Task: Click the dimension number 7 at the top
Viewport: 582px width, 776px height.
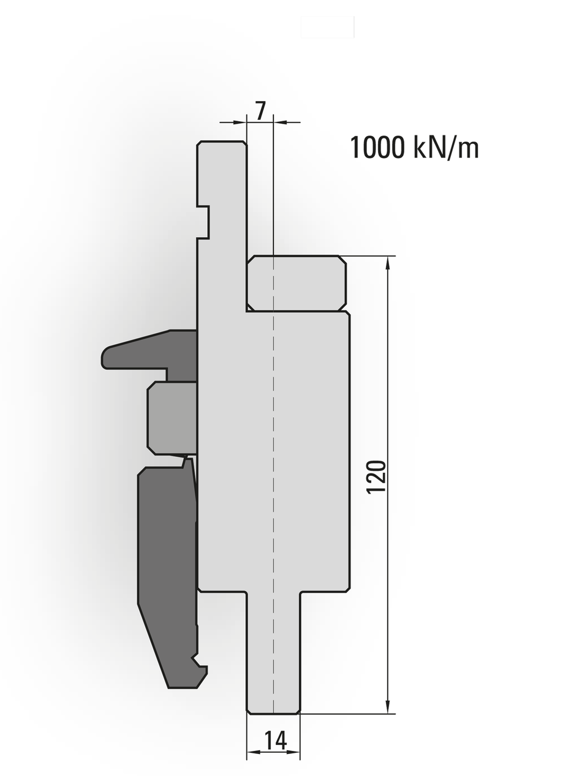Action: click(260, 110)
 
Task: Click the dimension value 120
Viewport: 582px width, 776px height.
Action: click(376, 477)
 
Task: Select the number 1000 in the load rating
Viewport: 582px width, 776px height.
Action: click(377, 148)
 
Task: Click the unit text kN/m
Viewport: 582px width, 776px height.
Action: click(446, 148)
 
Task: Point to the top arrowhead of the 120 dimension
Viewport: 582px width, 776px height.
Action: click(388, 263)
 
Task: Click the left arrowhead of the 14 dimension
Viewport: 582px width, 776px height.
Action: click(253, 752)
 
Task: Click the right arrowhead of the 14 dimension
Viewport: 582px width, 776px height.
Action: click(293, 752)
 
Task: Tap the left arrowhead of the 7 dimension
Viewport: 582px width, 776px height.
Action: click(240, 122)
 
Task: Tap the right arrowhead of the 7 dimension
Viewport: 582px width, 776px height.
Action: click(281, 122)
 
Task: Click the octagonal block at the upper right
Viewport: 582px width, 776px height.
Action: click(297, 283)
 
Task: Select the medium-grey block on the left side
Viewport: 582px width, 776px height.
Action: click(172, 418)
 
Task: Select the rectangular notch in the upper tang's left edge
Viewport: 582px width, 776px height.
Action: click(203, 222)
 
